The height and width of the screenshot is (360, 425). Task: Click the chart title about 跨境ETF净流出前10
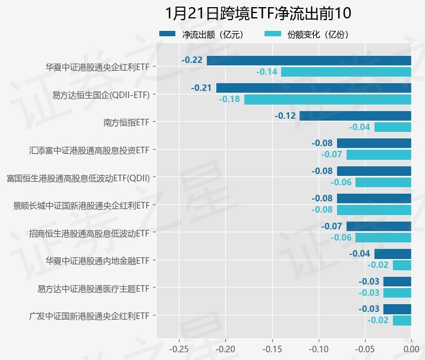point(259,14)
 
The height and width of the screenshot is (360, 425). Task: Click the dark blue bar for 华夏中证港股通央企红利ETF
point(308,60)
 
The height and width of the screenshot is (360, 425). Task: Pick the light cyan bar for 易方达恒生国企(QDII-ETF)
point(328,99)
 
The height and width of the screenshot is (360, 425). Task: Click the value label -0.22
point(192,60)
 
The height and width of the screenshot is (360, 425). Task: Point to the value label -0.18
point(229,99)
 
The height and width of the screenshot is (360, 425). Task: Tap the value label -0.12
point(285,116)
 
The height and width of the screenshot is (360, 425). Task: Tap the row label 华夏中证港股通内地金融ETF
point(97,260)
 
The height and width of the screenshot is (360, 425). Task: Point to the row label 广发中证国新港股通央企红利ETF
point(89,315)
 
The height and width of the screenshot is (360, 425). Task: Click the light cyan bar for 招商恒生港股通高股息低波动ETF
point(383,238)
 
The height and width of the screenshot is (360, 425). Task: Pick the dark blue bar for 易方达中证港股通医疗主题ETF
point(397,282)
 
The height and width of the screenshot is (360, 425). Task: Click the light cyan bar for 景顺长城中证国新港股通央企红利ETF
point(374,210)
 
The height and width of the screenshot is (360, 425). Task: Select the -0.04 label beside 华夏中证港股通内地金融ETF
point(360,254)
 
